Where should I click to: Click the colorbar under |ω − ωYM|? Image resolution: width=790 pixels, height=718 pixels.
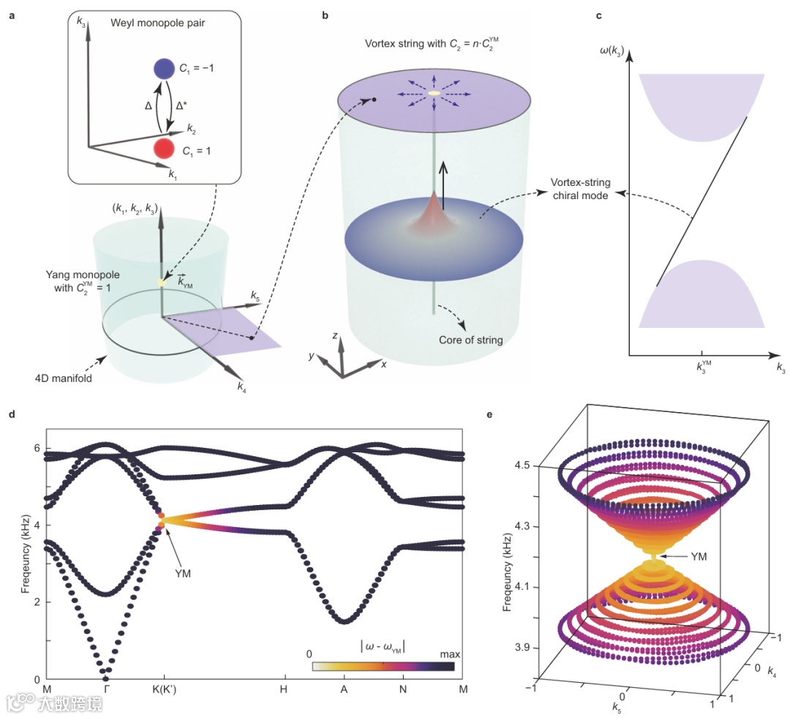click(383, 666)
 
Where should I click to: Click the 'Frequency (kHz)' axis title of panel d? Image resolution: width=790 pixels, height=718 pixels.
click(26, 556)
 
